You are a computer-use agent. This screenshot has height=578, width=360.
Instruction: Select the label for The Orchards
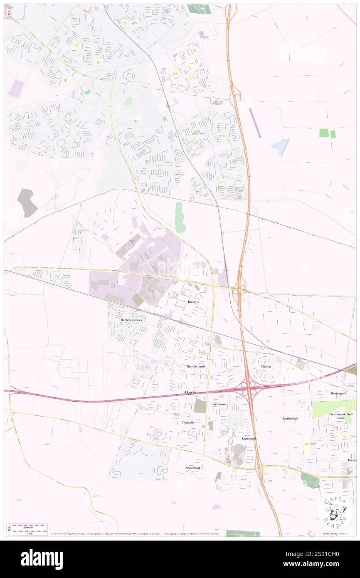pos(195,366)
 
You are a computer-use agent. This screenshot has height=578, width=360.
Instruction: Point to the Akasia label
pos(189,392)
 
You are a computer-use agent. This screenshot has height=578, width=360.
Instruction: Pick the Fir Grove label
pos(219,404)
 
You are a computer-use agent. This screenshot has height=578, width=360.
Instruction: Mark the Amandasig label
pos(192,467)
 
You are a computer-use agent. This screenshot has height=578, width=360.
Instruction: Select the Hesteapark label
pos(338,393)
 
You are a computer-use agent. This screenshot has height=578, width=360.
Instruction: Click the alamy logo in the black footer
pos(42,559)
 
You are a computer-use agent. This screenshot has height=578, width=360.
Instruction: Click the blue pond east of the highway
pos(279,146)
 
